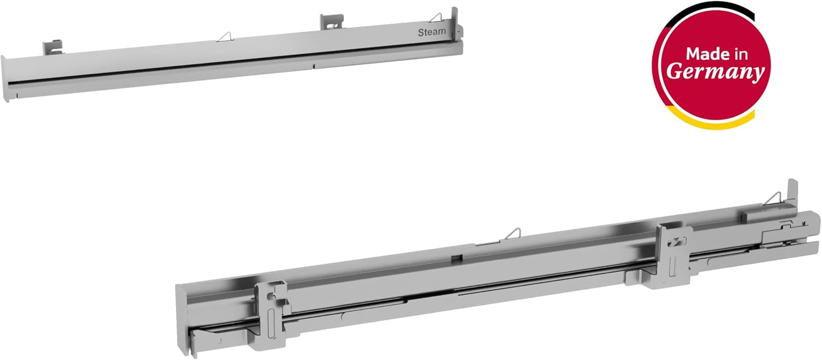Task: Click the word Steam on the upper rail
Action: tap(432, 32)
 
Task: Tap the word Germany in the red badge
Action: tap(715, 71)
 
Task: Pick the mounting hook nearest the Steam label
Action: tap(332, 22)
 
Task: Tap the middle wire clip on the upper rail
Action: tap(225, 37)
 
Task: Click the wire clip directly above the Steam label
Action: tap(437, 18)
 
